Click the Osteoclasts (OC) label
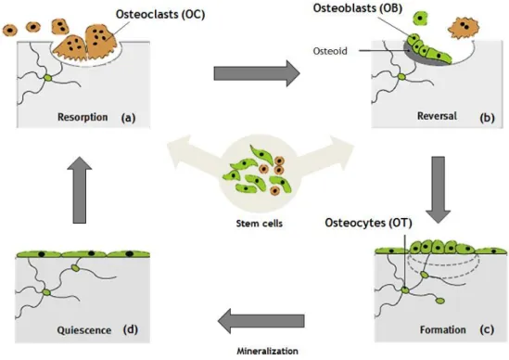[160, 14]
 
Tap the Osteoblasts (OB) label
[358, 7]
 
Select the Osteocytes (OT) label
[368, 223]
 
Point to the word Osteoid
[330, 51]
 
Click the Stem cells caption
[260, 224]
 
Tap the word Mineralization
[268, 352]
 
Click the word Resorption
[83, 117]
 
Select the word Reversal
[437, 116]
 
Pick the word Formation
[443, 330]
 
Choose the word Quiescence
[84, 330]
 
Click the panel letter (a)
[128, 117]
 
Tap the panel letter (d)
[131, 330]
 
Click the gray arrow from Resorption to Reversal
[257, 73]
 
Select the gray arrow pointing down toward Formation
[439, 190]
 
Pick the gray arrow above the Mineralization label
[261, 321]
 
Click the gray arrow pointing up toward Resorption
[80, 190]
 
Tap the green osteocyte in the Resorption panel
[48, 78]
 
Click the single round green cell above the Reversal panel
[420, 19]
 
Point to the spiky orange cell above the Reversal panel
[464, 28]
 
